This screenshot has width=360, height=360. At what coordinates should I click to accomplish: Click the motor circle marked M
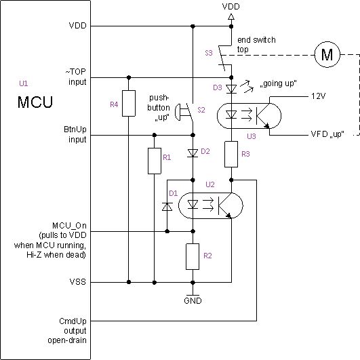point(329,56)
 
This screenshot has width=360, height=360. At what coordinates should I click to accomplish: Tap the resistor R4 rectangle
point(127,104)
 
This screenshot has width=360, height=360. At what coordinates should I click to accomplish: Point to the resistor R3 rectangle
point(231,153)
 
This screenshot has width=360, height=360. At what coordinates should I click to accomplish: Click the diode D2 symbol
point(194,152)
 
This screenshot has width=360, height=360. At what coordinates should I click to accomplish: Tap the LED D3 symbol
point(231,88)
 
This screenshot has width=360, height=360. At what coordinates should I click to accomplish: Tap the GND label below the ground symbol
point(194,300)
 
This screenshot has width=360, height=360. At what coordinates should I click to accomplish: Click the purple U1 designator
point(24,83)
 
